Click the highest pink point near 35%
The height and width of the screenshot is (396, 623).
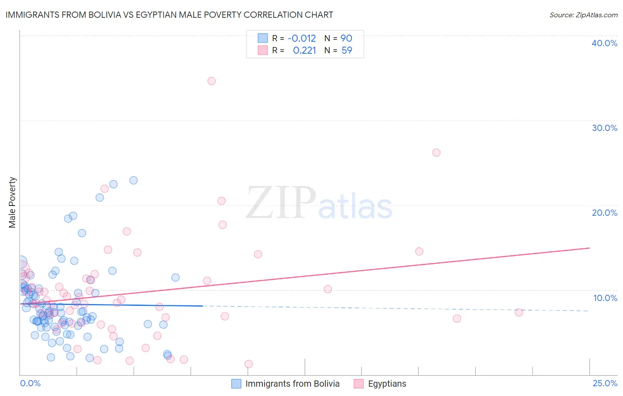pos(211,81)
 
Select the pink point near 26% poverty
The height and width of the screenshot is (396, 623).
pos(436,153)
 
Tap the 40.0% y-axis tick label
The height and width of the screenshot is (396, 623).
pos(604,43)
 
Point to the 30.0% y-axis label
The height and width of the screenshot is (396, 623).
pos(604,128)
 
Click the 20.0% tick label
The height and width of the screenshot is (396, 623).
pos(604,213)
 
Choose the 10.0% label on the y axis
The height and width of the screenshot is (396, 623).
pos(605,298)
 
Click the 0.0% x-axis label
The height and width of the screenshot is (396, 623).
pos(30,383)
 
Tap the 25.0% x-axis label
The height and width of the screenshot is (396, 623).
pos(605,383)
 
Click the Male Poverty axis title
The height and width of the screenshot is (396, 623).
pos(12,202)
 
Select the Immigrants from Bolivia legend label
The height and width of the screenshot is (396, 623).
pos(292,384)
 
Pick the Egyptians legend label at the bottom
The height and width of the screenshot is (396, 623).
pos(387,384)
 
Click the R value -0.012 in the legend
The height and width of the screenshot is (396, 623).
pos(302,39)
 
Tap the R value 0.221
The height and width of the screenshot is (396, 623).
pos(304,51)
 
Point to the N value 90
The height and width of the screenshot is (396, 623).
pos(346,39)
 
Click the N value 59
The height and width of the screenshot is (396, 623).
pos(347,51)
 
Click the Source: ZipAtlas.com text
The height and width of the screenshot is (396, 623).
pos(583,15)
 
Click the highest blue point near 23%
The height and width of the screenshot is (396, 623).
pos(133,180)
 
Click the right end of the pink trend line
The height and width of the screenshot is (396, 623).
pos(589,248)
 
